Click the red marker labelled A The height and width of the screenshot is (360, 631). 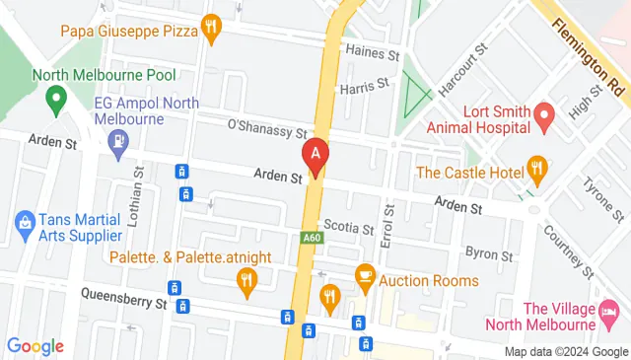click(x=315, y=156)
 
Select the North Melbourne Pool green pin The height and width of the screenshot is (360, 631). click(x=56, y=98)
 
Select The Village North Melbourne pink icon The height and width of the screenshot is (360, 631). click(x=608, y=315)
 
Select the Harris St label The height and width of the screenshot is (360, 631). click(x=362, y=89)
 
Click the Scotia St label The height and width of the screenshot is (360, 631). click(x=348, y=227)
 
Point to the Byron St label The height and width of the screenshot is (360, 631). click(x=489, y=253)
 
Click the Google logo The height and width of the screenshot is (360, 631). click(x=35, y=346)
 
